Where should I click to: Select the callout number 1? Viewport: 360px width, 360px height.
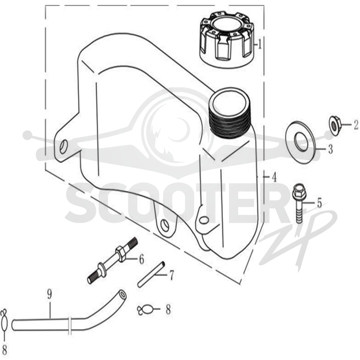pos(260,44)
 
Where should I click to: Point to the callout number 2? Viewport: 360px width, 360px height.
pos(355,125)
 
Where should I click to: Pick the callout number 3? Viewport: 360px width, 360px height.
pos(330,149)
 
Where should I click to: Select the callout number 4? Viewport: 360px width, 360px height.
pos(274,177)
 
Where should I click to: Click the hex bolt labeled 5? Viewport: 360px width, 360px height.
pos(299,203)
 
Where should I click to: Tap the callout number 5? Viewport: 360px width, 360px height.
pos(319,203)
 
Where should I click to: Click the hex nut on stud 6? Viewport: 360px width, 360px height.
pos(121,254)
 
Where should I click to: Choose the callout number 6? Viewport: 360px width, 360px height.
pos(141,260)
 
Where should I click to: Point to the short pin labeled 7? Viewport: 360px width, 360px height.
pos(151,274)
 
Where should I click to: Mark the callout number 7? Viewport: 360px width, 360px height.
pos(171,275)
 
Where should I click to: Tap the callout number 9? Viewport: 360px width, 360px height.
pos(49,295)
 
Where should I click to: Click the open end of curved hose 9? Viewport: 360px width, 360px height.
pos(123,294)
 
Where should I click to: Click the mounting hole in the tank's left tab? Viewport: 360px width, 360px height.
pos(63,147)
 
